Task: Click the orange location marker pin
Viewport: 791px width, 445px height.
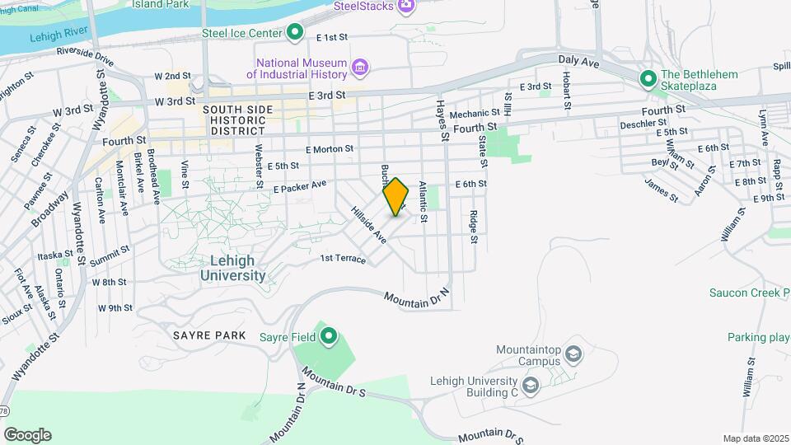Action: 396,197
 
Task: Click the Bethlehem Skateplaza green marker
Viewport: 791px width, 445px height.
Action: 648,79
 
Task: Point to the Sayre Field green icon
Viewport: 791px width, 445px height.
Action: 329,335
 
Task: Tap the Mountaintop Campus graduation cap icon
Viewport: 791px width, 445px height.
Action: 573,355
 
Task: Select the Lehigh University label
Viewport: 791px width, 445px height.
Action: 232,268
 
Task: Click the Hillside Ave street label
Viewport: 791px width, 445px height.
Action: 368,224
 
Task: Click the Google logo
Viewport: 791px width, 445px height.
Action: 27,434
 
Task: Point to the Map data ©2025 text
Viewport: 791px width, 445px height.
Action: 755,438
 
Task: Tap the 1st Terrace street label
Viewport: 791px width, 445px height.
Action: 342,259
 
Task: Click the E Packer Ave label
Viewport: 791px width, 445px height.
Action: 300,187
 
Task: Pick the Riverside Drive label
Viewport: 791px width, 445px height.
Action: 85,56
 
